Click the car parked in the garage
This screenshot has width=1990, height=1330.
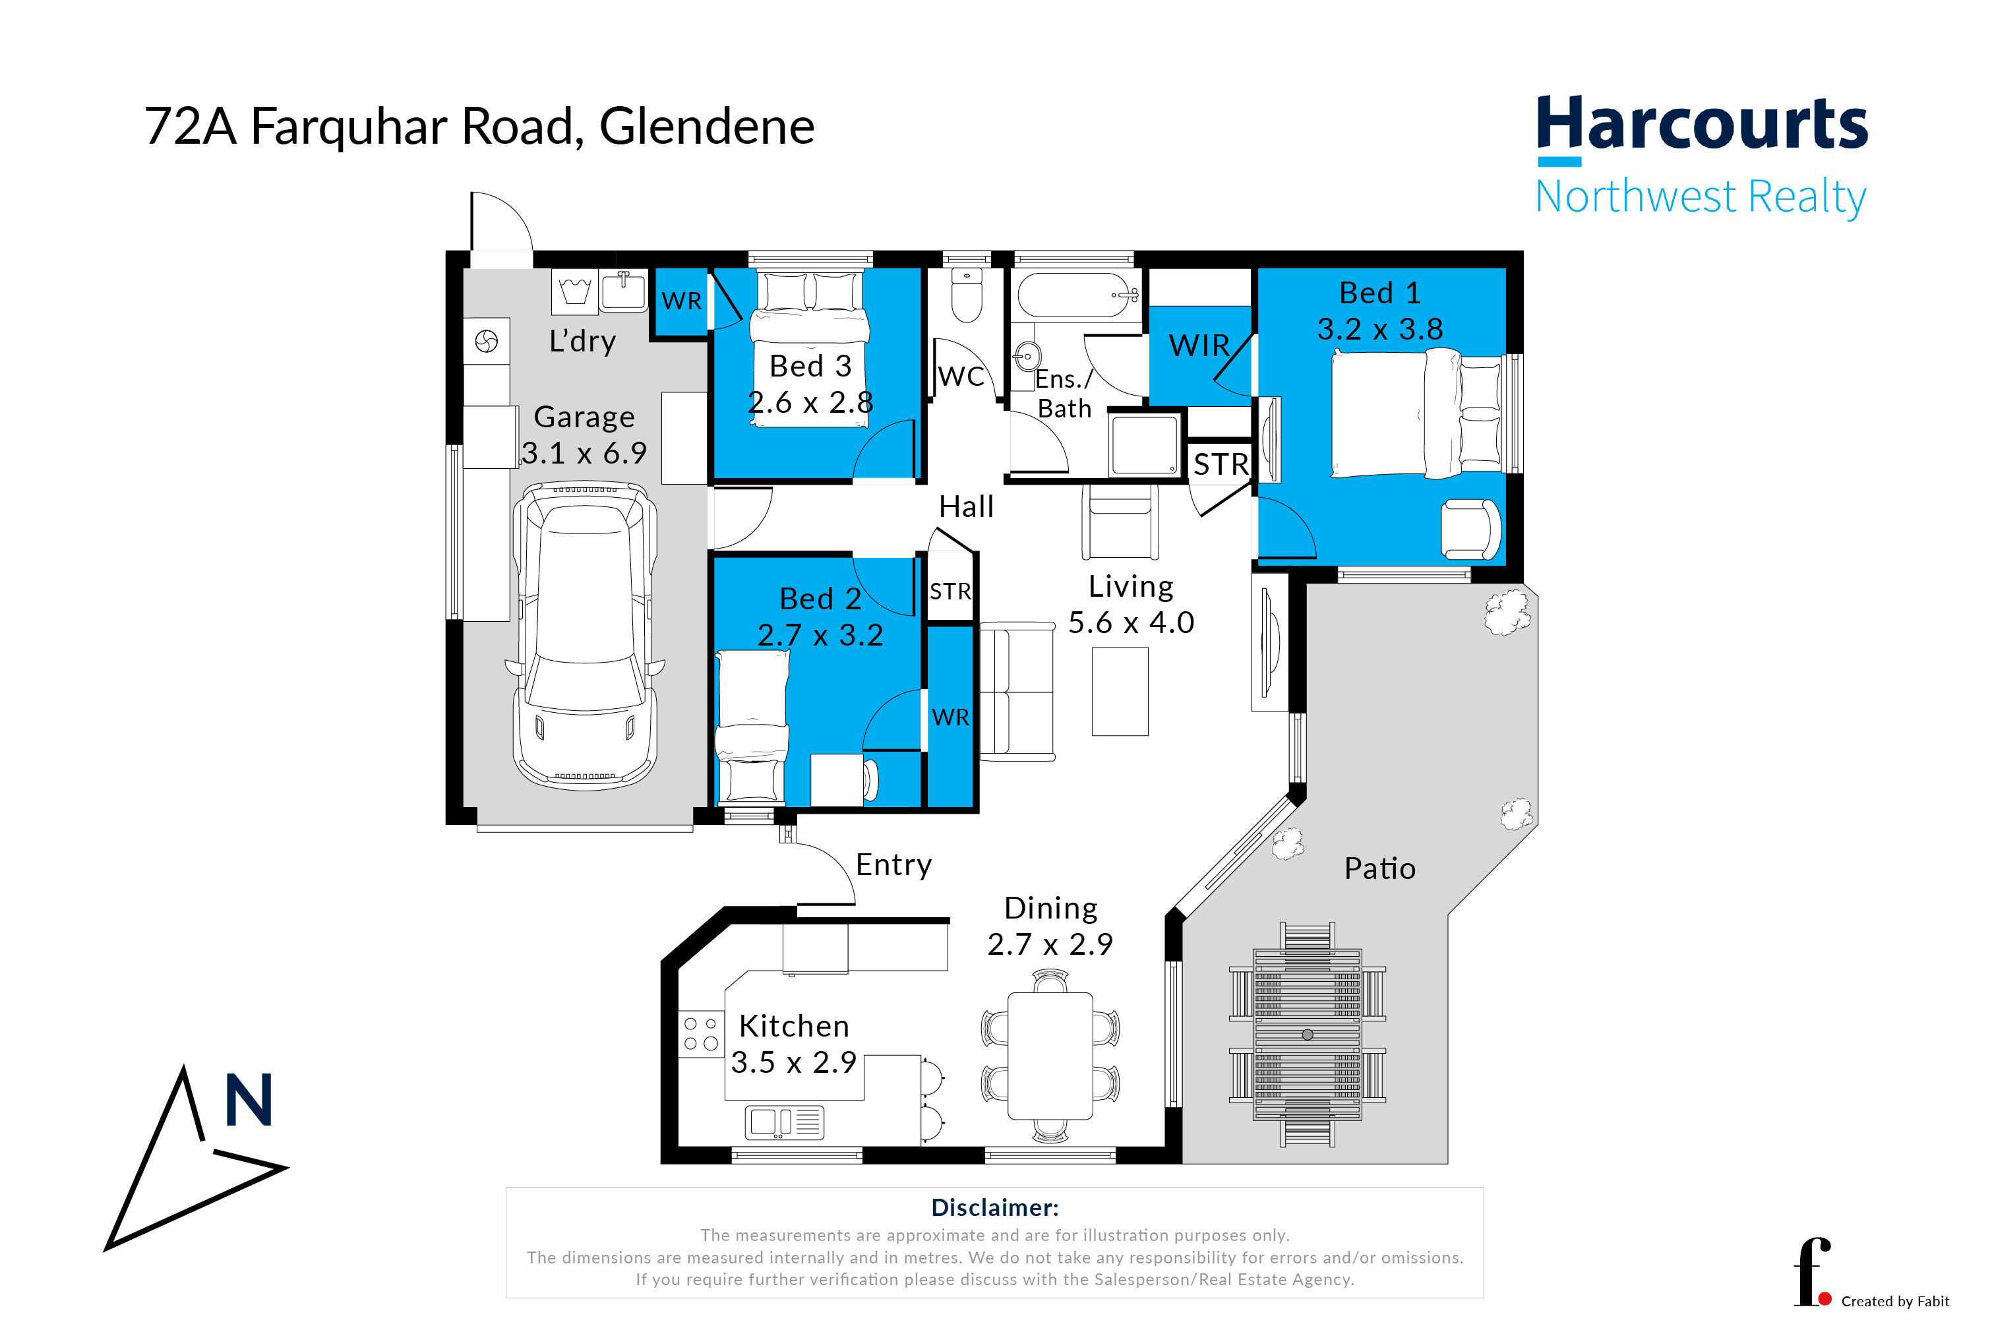click(584, 636)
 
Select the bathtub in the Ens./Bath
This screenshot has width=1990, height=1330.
click(1077, 294)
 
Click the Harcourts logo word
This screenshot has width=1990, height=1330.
click(1702, 125)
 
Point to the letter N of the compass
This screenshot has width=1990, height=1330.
click(249, 1099)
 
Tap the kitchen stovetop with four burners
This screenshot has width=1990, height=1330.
click(701, 1033)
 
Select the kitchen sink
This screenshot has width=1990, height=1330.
click(784, 1122)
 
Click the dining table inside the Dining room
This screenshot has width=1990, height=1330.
click(1050, 1056)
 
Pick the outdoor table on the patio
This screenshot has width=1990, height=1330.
click(1307, 1035)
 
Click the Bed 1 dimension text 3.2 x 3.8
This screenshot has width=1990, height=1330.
click(1379, 329)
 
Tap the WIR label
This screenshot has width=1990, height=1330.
click(1199, 346)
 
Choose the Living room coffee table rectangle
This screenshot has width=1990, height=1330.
click(1120, 691)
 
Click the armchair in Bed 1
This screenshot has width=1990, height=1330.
click(1470, 529)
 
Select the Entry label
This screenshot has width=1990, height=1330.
click(893, 865)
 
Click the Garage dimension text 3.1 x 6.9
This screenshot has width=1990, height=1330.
click(584, 453)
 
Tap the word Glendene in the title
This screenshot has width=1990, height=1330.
click(707, 127)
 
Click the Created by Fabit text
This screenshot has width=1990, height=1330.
click(1895, 1301)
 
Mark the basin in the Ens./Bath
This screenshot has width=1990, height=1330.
click(1027, 357)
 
